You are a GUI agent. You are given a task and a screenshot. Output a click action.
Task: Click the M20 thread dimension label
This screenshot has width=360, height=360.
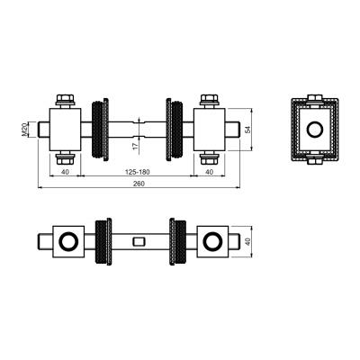[x=24, y=130]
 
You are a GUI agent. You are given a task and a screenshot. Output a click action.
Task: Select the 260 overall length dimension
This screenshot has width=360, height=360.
[x=139, y=184]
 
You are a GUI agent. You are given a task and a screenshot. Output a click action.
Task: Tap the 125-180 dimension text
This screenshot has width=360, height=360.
[x=137, y=172]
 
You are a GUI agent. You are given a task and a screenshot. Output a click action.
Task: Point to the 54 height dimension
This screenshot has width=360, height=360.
[x=247, y=130]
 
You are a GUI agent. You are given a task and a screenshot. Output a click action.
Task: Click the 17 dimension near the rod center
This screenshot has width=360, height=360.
[x=135, y=146]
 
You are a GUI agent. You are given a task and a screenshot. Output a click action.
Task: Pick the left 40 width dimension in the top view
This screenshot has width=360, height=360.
[x=65, y=172]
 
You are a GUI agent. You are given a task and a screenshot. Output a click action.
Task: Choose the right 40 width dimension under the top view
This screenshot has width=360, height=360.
[x=210, y=172]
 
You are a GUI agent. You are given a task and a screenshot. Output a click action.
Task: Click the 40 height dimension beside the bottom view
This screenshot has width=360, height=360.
[x=247, y=241]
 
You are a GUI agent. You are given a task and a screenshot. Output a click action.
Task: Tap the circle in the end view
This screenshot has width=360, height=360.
[x=315, y=130]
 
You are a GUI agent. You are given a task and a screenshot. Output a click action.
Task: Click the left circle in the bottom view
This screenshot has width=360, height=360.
[x=68, y=241]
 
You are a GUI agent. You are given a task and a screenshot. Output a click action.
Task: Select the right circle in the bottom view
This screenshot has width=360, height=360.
[x=212, y=241]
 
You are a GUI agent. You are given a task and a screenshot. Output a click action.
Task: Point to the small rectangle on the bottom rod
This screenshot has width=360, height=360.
[x=139, y=241]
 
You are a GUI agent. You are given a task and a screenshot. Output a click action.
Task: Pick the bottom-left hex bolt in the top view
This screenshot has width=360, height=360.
[x=65, y=158]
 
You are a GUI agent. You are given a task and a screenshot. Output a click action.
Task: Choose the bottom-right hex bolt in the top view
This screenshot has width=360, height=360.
[x=210, y=158]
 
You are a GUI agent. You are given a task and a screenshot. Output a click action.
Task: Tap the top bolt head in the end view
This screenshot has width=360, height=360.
[x=315, y=98]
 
